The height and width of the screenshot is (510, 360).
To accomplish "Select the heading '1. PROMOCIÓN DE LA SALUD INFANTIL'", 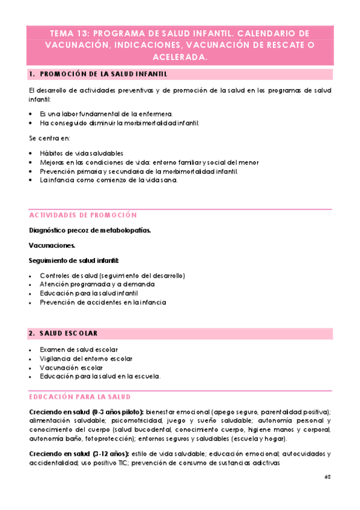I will coord(97,75).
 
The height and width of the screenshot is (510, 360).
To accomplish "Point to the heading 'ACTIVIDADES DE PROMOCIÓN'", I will coord(83,215).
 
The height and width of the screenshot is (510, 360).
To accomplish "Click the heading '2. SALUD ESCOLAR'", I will coord(63,333).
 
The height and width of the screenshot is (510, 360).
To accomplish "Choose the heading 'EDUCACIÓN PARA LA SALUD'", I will coord(81,398).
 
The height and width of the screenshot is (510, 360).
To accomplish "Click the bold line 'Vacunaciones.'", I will coord(52,245).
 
